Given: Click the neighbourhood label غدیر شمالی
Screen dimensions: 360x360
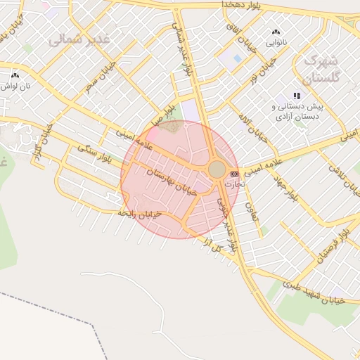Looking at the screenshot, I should [x=79, y=39].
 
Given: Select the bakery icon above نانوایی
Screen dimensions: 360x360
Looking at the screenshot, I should [x=275, y=32].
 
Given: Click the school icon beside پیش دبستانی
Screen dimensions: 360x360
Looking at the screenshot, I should [x=297, y=96].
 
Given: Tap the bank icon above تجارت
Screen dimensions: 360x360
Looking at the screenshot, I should [x=234, y=173].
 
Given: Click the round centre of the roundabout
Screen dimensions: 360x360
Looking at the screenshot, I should [x=217, y=169].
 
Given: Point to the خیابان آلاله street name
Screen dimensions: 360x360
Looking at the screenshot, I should [x=254, y=127].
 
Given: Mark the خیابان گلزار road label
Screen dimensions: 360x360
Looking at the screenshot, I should [x=43, y=140].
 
